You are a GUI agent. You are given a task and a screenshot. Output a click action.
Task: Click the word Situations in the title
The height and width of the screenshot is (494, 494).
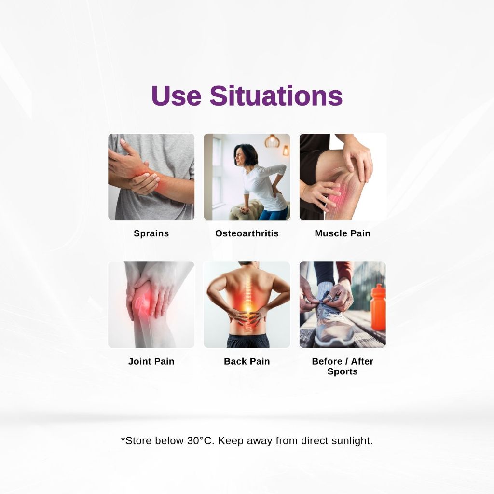click(x=276, y=96)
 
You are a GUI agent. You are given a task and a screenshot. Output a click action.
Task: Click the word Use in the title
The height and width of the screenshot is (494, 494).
click(x=176, y=96)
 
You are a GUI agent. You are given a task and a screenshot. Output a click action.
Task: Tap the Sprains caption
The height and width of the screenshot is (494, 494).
click(x=151, y=233)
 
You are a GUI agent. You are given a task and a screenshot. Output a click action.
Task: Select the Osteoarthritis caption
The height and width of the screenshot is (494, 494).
click(x=247, y=233)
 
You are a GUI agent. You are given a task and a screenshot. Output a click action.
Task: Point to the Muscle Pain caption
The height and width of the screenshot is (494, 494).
click(x=343, y=233)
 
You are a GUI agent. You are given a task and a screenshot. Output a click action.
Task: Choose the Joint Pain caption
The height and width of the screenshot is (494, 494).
click(x=151, y=361)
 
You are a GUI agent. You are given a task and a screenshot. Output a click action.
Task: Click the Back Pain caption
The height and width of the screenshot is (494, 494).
click(x=247, y=361)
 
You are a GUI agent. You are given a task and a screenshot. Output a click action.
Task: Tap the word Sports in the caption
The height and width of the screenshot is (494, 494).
click(x=343, y=371)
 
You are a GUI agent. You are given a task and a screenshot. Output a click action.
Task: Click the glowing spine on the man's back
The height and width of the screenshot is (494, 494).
click(x=248, y=299)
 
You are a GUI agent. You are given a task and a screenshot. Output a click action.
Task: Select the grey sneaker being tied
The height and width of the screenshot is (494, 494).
click(x=331, y=325)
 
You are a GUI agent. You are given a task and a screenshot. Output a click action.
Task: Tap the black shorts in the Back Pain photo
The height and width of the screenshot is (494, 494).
click(x=248, y=341)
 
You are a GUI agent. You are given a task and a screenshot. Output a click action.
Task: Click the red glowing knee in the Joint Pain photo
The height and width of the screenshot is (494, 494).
click(x=141, y=302)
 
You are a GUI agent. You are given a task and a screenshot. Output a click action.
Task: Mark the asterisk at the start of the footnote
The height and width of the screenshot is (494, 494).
click(x=123, y=439)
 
